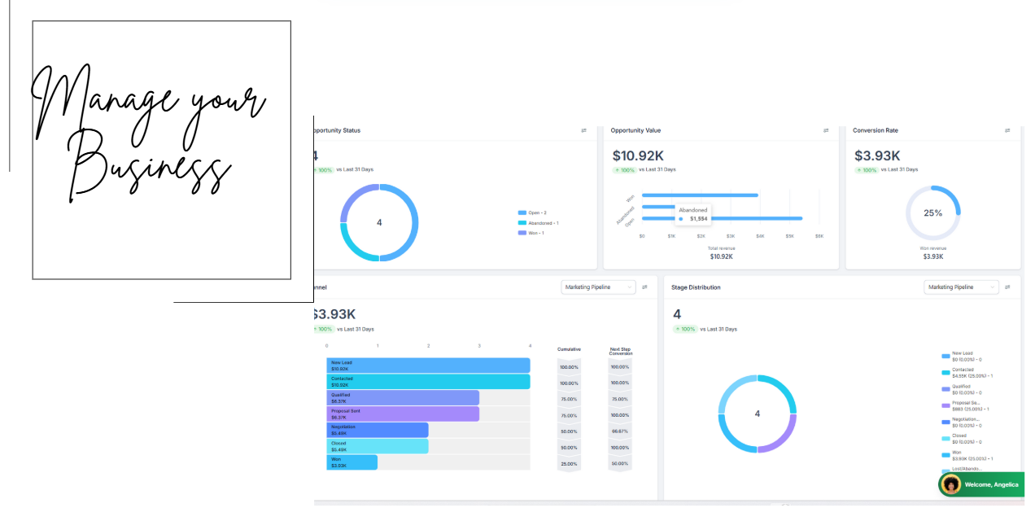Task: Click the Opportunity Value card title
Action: pos(635,130)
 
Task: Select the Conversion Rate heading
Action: pos(875,130)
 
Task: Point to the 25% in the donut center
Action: pos(932,213)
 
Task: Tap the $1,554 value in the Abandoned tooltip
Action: pos(698,219)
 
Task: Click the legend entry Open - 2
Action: pos(538,212)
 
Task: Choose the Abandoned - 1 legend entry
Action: pos(543,222)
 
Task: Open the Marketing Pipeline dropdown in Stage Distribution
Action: pos(961,287)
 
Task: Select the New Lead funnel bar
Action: pos(428,366)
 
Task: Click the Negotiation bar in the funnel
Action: pos(378,430)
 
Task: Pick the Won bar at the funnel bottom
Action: pos(352,462)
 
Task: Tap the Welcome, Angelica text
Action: pos(991,485)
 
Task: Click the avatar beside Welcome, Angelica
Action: pos(950,484)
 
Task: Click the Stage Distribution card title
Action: pos(696,287)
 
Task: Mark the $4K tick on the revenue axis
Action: pos(760,236)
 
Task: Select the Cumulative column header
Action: pos(569,349)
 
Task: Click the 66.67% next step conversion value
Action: pos(619,431)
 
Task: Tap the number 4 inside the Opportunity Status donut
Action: pos(379,222)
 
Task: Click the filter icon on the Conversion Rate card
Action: pos(1007,130)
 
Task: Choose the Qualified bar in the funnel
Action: pos(403,398)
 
